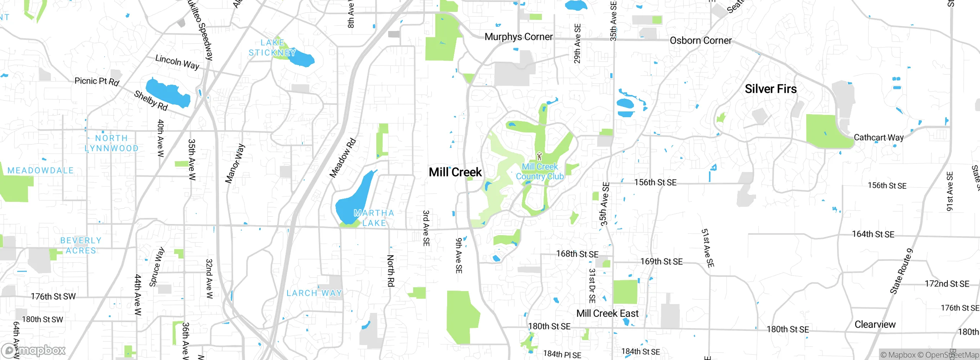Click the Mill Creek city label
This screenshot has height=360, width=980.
[455, 172]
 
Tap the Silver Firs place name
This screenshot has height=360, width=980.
[771, 89]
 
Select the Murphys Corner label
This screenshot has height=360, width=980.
[518, 37]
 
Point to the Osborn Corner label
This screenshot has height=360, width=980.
[701, 41]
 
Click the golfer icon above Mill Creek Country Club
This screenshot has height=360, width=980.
[539, 156]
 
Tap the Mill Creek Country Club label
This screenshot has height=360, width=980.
[540, 172]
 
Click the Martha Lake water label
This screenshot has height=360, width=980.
[374, 218]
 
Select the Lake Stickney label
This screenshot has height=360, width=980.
[272, 48]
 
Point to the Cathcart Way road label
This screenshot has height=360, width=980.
[879, 137]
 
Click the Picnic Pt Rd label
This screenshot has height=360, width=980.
[97, 81]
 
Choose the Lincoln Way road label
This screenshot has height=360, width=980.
[177, 62]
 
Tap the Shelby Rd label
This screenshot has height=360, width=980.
[151, 100]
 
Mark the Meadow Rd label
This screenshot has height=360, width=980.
[343, 158]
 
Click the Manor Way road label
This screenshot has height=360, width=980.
[235, 164]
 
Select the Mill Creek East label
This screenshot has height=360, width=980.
[607, 313]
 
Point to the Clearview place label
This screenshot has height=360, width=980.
[875, 324]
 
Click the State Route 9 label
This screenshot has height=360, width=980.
[902, 271]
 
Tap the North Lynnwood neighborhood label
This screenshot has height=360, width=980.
[111, 143]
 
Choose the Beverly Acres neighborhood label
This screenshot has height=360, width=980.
[81, 245]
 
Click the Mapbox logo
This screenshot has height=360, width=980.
[34, 350]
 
